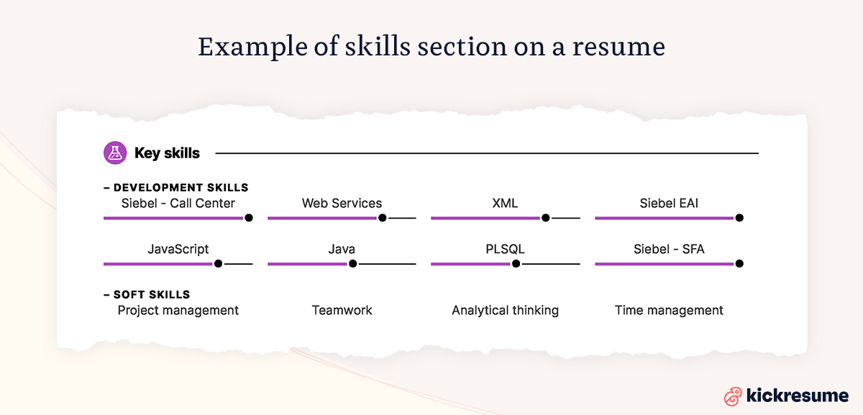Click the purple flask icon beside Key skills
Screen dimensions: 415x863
(x=114, y=152)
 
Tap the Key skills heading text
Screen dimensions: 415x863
(x=167, y=153)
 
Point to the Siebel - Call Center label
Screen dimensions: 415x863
(x=178, y=204)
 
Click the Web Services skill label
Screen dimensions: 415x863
(x=342, y=204)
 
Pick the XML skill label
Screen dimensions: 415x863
(x=505, y=204)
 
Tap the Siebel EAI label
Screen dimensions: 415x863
(x=669, y=204)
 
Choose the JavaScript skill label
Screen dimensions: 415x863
(x=178, y=250)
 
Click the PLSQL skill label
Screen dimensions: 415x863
(x=505, y=250)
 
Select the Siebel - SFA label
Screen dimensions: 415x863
(x=669, y=250)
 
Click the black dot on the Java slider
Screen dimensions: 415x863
(x=352, y=264)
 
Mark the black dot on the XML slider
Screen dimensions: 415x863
(x=546, y=218)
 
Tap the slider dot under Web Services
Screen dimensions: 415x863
(x=383, y=218)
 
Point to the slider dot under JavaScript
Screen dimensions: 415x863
(x=218, y=264)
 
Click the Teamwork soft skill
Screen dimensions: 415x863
(x=342, y=311)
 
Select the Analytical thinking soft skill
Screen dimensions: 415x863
(x=505, y=311)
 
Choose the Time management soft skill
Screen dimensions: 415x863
(x=669, y=311)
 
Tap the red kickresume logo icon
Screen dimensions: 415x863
(x=733, y=396)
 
